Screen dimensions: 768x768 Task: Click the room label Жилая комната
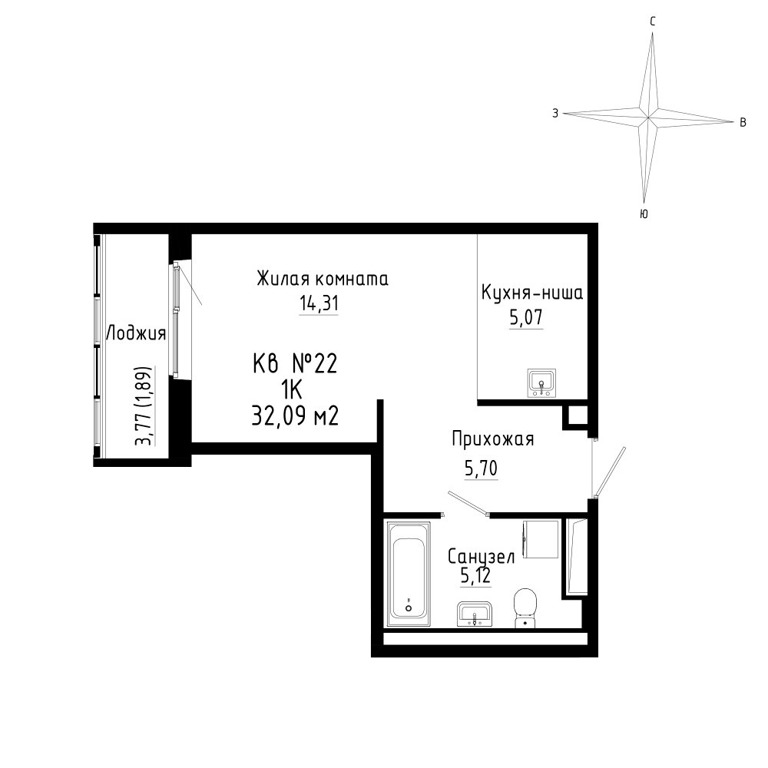pos(323,278)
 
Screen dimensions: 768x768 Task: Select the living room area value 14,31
pos(319,303)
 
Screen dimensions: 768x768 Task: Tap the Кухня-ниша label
pos(532,293)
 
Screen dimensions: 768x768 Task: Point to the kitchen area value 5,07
pos(526,317)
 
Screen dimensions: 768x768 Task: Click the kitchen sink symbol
pos(541,383)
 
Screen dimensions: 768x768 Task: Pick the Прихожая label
pos(493,439)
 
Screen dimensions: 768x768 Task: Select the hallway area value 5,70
pos(481,468)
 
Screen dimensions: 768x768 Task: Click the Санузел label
pos(482,556)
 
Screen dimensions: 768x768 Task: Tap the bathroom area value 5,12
pos(475,575)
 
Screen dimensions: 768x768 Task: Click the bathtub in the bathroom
pos(409,574)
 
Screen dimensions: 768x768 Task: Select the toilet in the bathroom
pos(525,607)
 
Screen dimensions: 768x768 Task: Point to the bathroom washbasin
pos(474,614)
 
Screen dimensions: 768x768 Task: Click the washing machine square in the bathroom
pos(541,539)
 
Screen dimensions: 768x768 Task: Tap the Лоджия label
pos(136,333)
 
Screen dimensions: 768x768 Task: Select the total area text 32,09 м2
pos(295,417)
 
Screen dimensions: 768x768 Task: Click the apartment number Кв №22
pos(295,364)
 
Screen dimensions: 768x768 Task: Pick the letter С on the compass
pos(652,22)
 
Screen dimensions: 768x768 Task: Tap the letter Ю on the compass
pos(644,214)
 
